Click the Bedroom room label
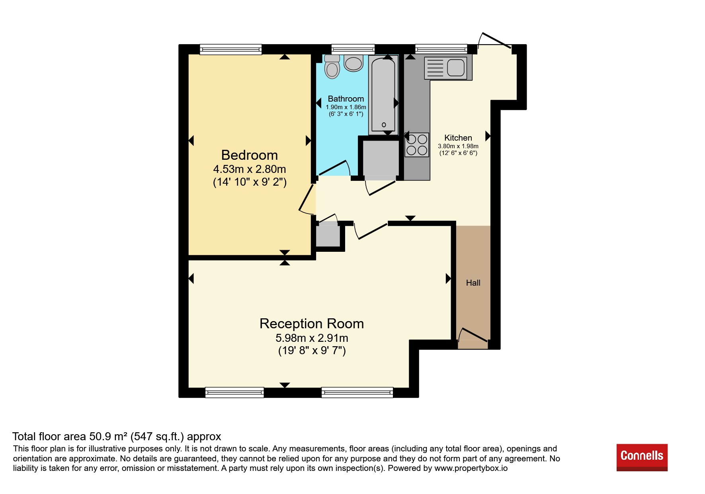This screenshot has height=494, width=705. pyautogui.click(x=249, y=155)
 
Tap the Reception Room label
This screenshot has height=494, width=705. pyautogui.click(x=312, y=323)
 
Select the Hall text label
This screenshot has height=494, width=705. pyautogui.click(x=473, y=283)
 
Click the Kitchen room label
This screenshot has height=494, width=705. pyautogui.click(x=458, y=138)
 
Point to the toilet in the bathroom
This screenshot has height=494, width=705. pyautogui.click(x=332, y=67)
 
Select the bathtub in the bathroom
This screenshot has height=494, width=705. pyautogui.click(x=383, y=94)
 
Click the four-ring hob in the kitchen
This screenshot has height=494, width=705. pyautogui.click(x=417, y=145)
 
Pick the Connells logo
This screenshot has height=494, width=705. pyautogui.click(x=642, y=457)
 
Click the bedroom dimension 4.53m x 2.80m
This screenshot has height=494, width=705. pyautogui.click(x=250, y=169)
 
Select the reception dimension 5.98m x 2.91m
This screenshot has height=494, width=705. pyautogui.click(x=312, y=338)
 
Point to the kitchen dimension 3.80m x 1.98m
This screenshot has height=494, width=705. pyautogui.click(x=458, y=146)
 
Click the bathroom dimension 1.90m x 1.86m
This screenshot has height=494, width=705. pyautogui.click(x=346, y=107)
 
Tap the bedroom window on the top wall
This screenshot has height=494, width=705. pyautogui.click(x=231, y=49)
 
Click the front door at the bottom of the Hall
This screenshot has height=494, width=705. pyautogui.click(x=473, y=336)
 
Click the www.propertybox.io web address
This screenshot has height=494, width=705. pyautogui.click(x=471, y=468)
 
